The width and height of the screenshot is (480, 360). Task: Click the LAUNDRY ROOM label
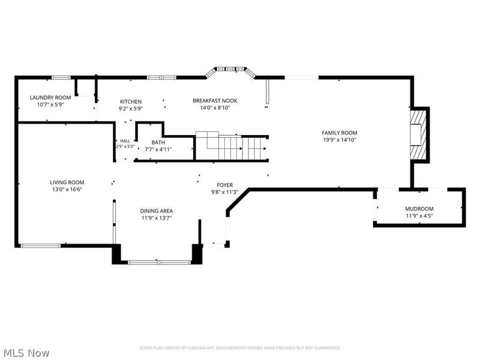click(x=50, y=98)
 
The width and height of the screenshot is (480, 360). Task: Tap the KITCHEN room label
click(x=131, y=101)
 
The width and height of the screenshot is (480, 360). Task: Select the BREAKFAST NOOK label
click(x=215, y=101)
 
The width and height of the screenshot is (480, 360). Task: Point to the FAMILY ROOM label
click(x=340, y=133)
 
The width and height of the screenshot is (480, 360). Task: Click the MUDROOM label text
click(x=419, y=209)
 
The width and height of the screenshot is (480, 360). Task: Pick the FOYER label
click(x=224, y=185)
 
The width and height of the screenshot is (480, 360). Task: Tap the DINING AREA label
click(x=157, y=211)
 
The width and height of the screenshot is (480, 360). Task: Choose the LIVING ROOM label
click(x=67, y=182)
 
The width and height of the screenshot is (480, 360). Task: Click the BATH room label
click(x=158, y=142)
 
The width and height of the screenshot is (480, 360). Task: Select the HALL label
click(x=125, y=141)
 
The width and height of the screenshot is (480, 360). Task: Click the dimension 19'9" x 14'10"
click(x=340, y=140)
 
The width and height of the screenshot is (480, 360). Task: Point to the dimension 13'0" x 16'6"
click(x=67, y=190)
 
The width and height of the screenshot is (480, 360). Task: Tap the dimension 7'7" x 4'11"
click(x=158, y=149)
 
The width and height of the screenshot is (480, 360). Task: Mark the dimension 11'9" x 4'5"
click(x=419, y=216)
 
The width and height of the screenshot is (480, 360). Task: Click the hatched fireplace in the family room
click(x=418, y=134)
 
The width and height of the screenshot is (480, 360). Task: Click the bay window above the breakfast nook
click(x=230, y=71)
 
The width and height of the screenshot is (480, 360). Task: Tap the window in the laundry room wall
click(x=61, y=77)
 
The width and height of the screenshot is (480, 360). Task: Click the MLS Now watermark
click(x=25, y=353)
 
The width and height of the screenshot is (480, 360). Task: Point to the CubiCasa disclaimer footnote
click(x=240, y=348)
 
